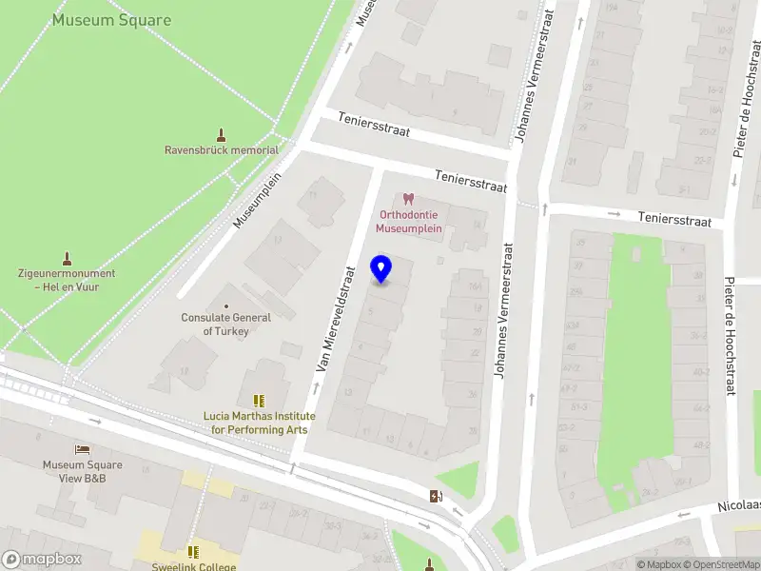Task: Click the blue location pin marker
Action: [381, 269]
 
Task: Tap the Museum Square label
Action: [112, 20]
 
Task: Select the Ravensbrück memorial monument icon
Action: [222, 135]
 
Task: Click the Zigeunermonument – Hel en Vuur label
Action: [67, 280]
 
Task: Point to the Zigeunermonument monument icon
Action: [67, 258]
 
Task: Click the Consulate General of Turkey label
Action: [226, 325]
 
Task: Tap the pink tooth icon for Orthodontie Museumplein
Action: [409, 199]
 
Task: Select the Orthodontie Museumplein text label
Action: [409, 222]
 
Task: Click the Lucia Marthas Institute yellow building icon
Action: [258, 402]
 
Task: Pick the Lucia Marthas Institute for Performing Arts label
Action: [257, 423]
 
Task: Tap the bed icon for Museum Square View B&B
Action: [83, 449]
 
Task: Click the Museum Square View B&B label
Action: [82, 471]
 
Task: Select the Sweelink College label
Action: [193, 565]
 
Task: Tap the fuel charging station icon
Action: [436, 495]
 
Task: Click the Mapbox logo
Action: [42, 560]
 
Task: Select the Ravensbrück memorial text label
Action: [222, 150]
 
